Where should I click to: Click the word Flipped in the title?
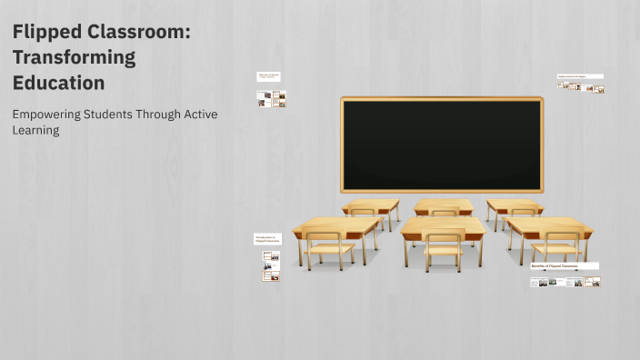pos(46,33)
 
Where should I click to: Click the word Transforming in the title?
pos(74,58)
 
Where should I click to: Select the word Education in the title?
pos(58,83)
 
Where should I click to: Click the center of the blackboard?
pos(442,144)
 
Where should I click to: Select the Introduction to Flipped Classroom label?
pos(267,238)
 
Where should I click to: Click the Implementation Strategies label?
pos(580,76)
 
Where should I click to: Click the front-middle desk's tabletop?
pos(444,225)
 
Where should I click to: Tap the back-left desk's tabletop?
pos(371,204)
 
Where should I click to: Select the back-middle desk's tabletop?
pos(443,204)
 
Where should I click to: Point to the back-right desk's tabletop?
pos(515,204)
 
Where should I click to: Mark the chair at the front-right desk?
pos(556,247)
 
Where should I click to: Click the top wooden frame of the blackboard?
pos(442,98)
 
